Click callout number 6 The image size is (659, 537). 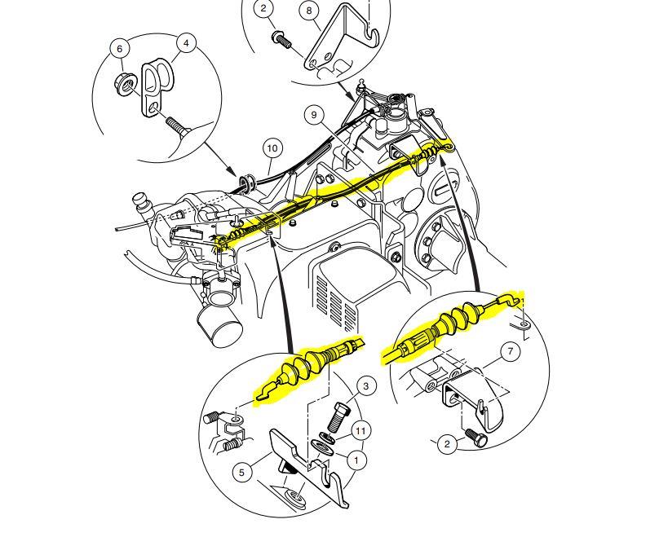120,49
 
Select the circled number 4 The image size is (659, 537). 186,43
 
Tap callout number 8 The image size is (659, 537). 309,10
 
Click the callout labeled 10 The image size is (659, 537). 272,148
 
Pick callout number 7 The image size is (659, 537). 511,350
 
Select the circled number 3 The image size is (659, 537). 365,386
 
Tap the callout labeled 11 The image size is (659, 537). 360,431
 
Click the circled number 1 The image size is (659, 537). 356,460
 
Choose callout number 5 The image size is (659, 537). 241,472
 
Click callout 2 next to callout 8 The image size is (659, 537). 263,8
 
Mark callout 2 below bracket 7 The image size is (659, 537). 447,443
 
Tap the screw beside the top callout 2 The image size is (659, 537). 283,39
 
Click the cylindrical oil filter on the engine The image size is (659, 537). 220,325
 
